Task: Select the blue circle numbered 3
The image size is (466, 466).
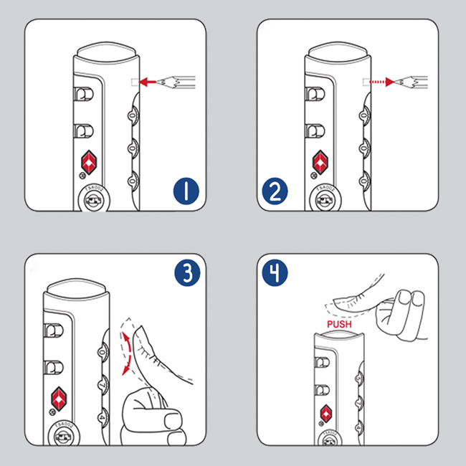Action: pos(186,274)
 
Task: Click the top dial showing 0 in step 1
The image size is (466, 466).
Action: pos(132,115)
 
